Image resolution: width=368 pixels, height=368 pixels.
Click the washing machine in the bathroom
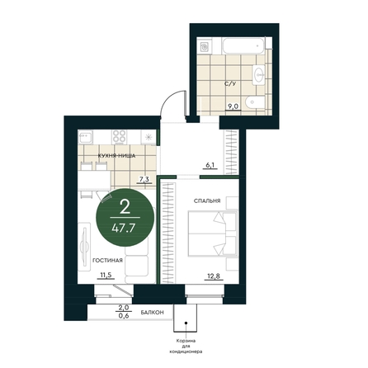coord(205,47)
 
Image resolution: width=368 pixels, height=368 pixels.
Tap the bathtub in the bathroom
coord(243,46)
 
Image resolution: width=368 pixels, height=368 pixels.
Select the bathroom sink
coord(258,73)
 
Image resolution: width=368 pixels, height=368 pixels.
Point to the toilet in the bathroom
coord(255,102)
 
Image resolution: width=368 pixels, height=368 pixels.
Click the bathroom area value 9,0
coord(233,106)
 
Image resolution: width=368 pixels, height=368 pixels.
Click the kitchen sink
coord(86,137)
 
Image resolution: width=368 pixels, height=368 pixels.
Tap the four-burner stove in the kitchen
coord(120,137)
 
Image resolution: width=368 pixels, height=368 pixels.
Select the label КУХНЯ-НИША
coord(116,156)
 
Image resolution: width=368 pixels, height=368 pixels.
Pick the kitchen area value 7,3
coord(144,180)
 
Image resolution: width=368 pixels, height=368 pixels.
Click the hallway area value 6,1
coord(211,165)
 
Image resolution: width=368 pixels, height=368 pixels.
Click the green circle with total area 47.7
coord(125,217)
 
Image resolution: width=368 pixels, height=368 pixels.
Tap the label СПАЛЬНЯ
coord(207,201)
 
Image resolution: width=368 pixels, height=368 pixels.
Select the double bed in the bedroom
coord(213,234)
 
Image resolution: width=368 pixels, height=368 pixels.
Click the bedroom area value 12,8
coord(214,276)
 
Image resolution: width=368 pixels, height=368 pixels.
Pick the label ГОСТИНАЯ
coord(107,260)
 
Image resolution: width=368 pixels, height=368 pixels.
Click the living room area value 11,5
coord(106,276)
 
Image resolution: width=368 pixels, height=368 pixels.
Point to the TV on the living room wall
coord(84,244)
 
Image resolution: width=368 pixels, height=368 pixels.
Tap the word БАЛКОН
coord(153,313)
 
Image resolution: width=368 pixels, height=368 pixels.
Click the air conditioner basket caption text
coord(186,347)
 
